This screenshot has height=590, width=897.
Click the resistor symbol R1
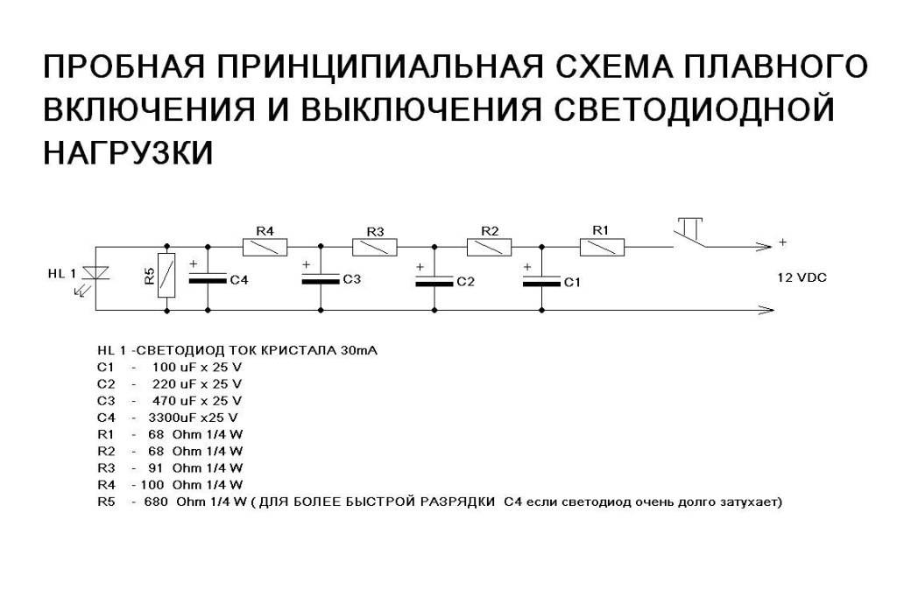[602, 248]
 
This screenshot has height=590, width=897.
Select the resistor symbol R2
[489, 248]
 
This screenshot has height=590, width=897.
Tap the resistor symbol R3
[375, 248]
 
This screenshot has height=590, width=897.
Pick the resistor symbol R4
[265, 248]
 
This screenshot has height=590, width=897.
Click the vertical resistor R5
[166, 275]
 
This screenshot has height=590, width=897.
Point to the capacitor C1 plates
[541, 280]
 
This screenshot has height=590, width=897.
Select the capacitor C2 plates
[434, 280]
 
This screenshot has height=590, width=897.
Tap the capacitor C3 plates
[321, 278]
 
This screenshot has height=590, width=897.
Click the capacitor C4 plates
[208, 278]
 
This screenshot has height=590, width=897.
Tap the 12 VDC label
[802, 278]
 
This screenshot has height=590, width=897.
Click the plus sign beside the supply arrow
[782, 242]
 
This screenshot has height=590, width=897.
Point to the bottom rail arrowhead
[766, 311]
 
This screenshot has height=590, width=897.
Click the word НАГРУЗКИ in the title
[128, 152]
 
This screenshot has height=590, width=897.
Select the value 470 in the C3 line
[163, 401]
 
